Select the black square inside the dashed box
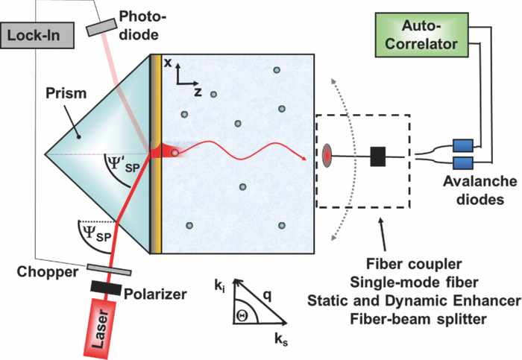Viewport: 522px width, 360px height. click(x=378, y=157)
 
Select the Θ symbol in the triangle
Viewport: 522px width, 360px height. click(x=242, y=316)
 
